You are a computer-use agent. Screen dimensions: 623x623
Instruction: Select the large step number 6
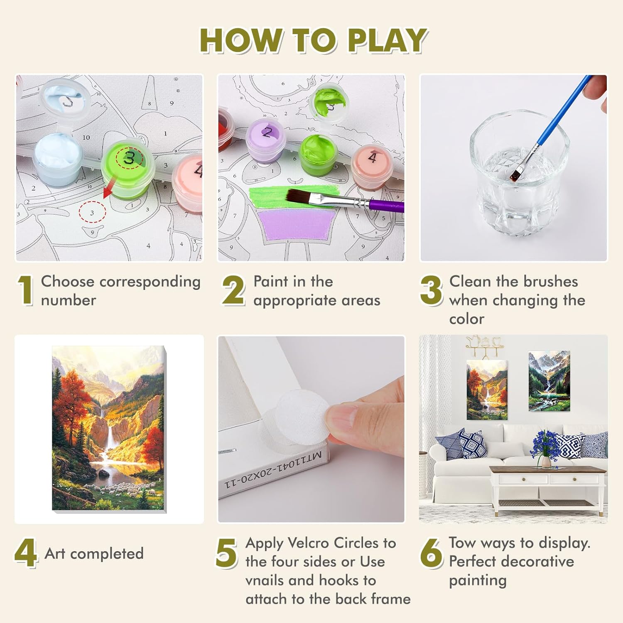pyautogui.click(x=431, y=553)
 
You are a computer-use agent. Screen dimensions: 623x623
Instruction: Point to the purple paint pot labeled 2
pyautogui.click(x=266, y=139)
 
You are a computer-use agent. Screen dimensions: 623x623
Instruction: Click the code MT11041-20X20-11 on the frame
pyautogui.click(x=273, y=469)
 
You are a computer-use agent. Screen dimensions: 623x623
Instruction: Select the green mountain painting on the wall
pyautogui.click(x=549, y=381)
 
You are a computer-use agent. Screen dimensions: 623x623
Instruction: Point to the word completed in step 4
pyautogui.click(x=107, y=554)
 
